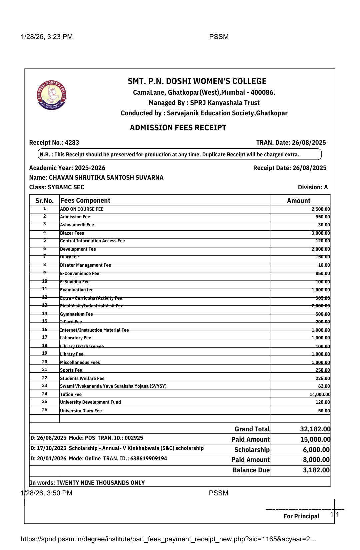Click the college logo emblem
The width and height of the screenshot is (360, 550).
click(52, 95)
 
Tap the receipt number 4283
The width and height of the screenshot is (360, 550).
click(72, 143)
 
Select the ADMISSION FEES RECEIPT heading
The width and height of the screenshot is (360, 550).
click(178, 128)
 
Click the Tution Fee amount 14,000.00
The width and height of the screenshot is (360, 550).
click(320, 394)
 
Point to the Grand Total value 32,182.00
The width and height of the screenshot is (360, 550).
click(315, 429)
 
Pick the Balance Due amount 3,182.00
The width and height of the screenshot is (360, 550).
click(316, 470)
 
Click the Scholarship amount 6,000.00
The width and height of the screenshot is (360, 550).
click(316, 450)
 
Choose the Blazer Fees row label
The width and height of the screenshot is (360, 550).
click(72, 233)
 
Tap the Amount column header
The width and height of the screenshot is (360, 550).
click(298, 201)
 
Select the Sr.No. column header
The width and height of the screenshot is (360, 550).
click(44, 201)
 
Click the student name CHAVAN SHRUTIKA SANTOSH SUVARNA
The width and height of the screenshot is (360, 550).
click(106, 178)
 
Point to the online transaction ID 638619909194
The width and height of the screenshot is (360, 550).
click(149, 459)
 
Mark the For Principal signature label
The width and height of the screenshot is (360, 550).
click(301, 516)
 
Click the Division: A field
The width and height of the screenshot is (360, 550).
click(313, 187)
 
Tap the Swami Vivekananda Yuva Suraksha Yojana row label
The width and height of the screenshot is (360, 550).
click(113, 386)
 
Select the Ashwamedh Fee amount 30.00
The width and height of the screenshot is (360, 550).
click(324, 225)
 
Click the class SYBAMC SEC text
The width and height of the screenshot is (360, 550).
click(66, 187)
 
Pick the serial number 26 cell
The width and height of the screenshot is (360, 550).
click(45, 410)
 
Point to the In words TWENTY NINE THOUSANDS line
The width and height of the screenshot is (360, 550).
click(87, 483)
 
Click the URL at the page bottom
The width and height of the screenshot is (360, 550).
click(168, 539)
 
